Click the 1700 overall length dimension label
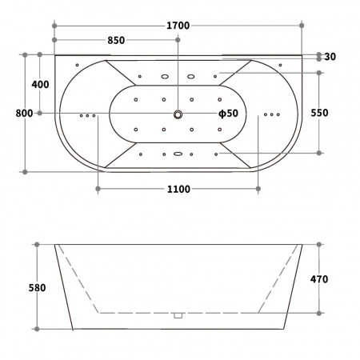pos(178,26)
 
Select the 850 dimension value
pos(116,40)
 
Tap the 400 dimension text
pos(40,85)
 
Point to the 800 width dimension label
pos(24,114)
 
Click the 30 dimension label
pos(330,57)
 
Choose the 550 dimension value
pos(319,113)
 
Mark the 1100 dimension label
pos(178,189)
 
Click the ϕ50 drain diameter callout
pos(228,114)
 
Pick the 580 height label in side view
pos(37,288)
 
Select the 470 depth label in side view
pos(319,279)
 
